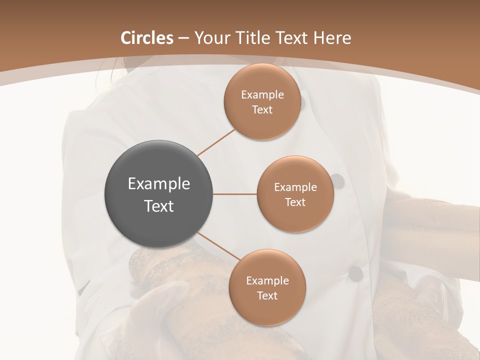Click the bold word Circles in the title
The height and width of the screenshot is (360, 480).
[x=147, y=38]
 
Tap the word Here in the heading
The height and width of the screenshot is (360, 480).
[x=332, y=38]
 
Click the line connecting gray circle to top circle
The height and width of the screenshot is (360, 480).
[x=216, y=141]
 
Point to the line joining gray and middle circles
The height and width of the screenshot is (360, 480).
[x=235, y=194]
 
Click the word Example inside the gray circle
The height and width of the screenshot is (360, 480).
[x=158, y=184]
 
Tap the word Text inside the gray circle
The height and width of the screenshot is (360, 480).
[x=158, y=206]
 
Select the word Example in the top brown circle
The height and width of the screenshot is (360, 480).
[x=262, y=95]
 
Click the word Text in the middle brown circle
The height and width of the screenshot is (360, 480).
[x=295, y=202]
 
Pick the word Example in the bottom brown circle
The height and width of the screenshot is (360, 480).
[x=267, y=281]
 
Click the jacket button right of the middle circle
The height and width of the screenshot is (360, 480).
[x=338, y=181]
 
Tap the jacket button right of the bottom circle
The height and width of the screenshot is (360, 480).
[x=355, y=273]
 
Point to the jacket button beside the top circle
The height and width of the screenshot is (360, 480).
[x=302, y=103]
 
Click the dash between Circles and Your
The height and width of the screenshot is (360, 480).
[x=183, y=38]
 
